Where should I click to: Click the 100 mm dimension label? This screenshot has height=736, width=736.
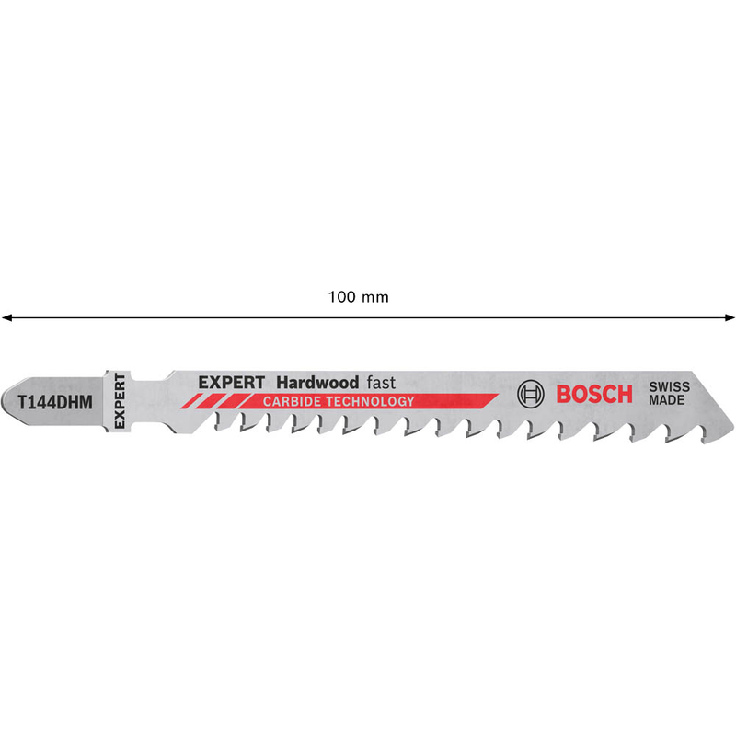coord(358,297)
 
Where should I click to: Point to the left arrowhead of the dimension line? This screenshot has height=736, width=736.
coord(6,317)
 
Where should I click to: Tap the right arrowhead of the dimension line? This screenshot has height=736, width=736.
coord(729,317)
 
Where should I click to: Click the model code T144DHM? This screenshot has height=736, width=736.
coord(55,402)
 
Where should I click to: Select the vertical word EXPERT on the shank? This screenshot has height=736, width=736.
coord(120,401)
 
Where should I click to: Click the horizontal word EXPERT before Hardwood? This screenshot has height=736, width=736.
coord(232,383)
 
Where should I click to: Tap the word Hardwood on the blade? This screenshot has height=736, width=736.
coord(317,383)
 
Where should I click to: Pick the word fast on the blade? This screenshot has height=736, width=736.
coord(381,383)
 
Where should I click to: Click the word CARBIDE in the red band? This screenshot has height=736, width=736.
coord(292,402)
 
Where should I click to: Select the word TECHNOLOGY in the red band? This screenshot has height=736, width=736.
coord(371,402)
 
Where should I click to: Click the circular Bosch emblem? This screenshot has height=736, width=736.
coord(531,394)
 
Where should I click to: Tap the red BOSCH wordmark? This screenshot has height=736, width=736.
coord(594,395)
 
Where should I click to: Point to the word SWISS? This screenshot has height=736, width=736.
coord(670,387)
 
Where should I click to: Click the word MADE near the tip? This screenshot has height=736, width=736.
coord(666,400)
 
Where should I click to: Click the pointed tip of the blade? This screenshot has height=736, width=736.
coord(732,425)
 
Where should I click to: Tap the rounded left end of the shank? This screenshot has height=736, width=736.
coord(5,402)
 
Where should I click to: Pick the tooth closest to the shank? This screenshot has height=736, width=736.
coord(221,422)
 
